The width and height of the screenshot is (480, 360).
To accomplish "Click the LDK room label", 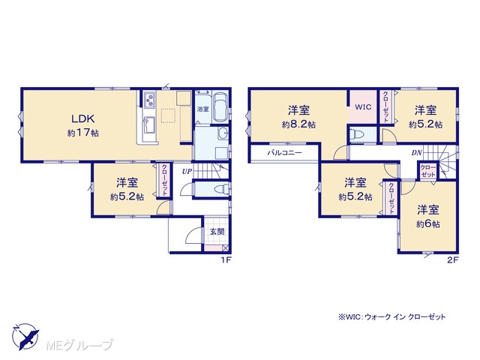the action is [x=82, y=118].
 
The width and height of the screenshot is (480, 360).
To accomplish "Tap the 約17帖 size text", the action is [x=83, y=133].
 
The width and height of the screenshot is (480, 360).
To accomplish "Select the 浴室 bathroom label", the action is [x=203, y=109].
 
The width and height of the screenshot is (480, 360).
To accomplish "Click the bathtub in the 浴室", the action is [x=220, y=107].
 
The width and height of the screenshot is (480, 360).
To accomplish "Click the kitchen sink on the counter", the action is [x=149, y=125].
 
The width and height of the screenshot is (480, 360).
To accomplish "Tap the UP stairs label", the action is [x=187, y=172].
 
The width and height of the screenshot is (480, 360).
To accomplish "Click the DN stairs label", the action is [x=417, y=153].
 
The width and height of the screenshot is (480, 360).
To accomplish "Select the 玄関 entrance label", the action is [x=217, y=232].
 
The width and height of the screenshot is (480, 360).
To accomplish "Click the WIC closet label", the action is [x=363, y=106].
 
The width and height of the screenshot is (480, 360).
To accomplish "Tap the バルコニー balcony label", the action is [x=285, y=152].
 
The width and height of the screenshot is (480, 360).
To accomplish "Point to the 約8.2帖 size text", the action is [x=298, y=124].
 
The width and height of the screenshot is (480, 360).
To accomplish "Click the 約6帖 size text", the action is [x=428, y=224].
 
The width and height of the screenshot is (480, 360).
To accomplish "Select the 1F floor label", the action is [x=226, y=260].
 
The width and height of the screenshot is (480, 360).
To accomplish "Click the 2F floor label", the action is [x=452, y=260].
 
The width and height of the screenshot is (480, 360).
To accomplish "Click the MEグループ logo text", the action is [x=79, y=345].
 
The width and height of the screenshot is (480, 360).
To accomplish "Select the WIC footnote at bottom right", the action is [x=391, y=316].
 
